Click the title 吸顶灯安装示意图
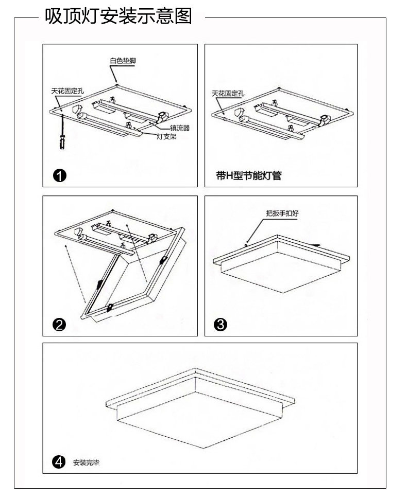[x=118, y=17]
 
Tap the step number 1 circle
[x=60, y=176]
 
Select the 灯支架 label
[x=166, y=137]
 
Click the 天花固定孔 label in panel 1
[x=67, y=91]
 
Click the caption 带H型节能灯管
[x=248, y=176]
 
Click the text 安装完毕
[x=86, y=462]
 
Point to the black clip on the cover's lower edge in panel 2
[x=109, y=308]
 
